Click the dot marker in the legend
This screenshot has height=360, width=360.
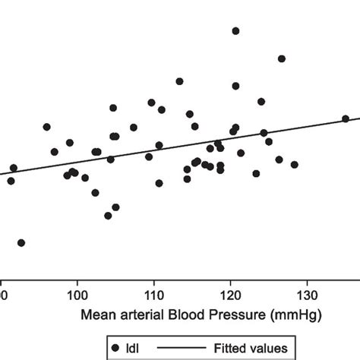[115, 347]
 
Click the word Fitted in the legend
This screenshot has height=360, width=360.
[242, 347]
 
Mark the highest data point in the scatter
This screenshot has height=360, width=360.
[235, 31]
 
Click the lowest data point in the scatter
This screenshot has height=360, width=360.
[21, 243]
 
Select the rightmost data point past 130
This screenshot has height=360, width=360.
[345, 118]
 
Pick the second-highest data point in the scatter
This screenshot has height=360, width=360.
[281, 58]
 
